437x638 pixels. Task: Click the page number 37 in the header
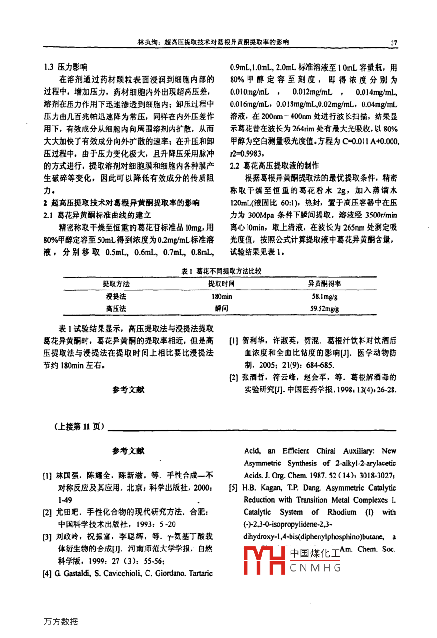(x=393, y=43)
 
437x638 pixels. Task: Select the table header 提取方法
(x=116, y=284)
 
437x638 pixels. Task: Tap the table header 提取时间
(x=221, y=284)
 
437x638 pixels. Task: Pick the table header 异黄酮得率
(x=324, y=284)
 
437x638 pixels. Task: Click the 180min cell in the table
(x=221, y=296)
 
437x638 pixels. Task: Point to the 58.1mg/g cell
(x=324, y=296)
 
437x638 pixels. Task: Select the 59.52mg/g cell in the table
(x=324, y=308)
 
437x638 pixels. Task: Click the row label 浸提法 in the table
(x=116, y=296)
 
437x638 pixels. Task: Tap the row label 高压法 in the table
(x=116, y=308)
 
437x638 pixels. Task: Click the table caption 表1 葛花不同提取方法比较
(x=221, y=272)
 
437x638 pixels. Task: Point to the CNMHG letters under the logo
(x=316, y=568)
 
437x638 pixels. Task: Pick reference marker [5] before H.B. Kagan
(x=234, y=488)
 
